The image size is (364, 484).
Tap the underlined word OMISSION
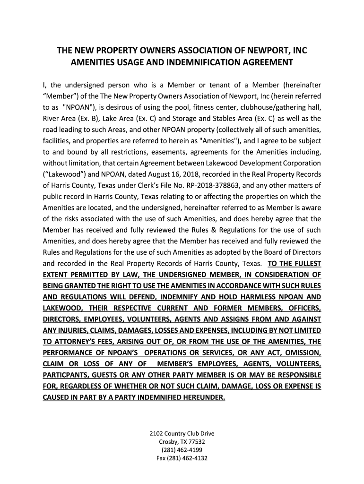click(303, 353)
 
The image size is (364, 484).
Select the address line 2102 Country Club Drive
click(182, 433)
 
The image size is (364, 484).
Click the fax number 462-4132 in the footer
click(193, 458)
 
